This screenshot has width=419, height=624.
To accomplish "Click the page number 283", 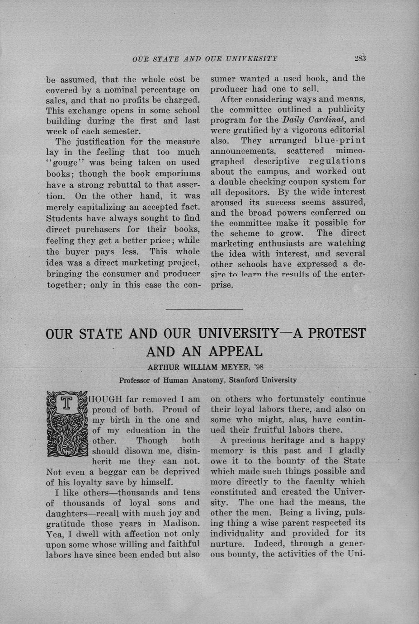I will tap(360, 58).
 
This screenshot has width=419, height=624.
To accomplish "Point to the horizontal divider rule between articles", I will tap(204, 309).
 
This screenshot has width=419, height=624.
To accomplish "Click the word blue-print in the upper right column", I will tap(340, 141).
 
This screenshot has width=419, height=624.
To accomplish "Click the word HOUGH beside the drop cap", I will tap(107, 399).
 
